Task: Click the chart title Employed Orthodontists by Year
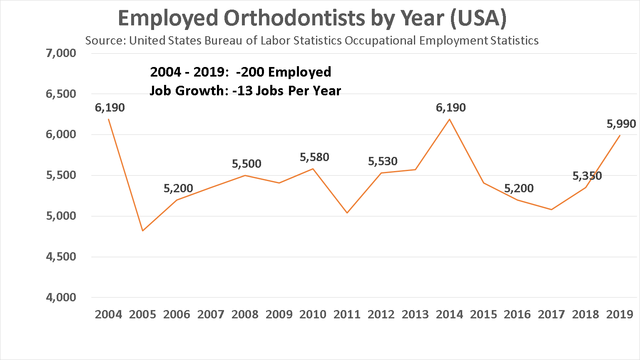pyautogui.click(x=312, y=18)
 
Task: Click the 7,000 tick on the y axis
pyautogui.click(x=61, y=53)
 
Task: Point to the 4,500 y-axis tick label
pyautogui.click(x=61, y=257)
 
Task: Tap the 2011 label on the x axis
pyautogui.click(x=347, y=314)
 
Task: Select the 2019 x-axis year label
pyautogui.click(x=620, y=314)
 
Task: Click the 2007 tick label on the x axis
pyautogui.click(x=211, y=314)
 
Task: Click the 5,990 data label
pyautogui.click(x=621, y=124)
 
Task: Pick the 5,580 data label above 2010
pyautogui.click(x=314, y=157)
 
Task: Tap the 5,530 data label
pyautogui.click(x=383, y=161)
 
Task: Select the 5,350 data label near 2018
pyautogui.click(x=587, y=176)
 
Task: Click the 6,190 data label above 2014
pyautogui.click(x=451, y=108)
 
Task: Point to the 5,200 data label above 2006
pyautogui.click(x=178, y=189)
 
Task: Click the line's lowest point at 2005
pyautogui.click(x=143, y=231)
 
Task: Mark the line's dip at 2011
pyautogui.click(x=347, y=213)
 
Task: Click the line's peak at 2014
pyautogui.click(x=449, y=119)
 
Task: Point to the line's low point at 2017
pyautogui.click(x=552, y=209)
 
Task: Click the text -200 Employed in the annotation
pyautogui.click(x=283, y=72)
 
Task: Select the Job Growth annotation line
pyautogui.click(x=245, y=91)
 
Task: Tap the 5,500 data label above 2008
pyautogui.click(x=247, y=164)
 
